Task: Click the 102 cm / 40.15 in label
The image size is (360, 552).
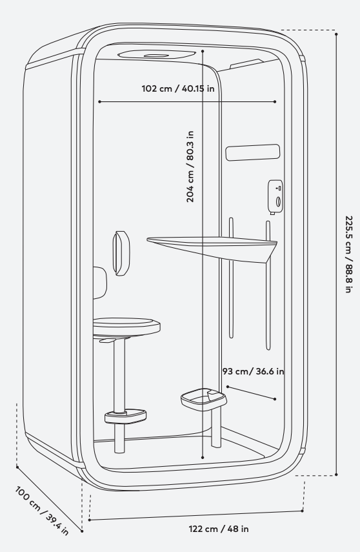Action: [177, 88]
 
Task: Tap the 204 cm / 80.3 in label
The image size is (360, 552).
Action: [190, 167]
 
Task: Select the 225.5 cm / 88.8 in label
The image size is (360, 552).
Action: [348, 254]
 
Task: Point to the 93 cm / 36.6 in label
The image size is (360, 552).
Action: [254, 371]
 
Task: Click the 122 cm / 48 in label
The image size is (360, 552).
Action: [219, 529]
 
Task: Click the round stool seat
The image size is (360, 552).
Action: [126, 325]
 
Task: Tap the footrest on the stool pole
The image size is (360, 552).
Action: [125, 416]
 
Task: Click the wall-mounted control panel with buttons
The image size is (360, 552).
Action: [275, 197]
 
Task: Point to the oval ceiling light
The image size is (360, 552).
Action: [157, 55]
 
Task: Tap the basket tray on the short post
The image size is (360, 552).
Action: [204, 399]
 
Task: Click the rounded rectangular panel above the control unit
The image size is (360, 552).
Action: [253, 152]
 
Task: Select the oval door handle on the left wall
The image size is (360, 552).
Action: [121, 253]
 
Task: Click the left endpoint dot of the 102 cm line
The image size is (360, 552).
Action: [99, 102]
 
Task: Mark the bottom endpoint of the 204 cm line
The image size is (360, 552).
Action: [203, 457]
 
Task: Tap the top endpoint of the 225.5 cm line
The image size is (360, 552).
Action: [336, 34]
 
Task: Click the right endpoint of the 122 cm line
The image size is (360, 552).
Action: [303, 511]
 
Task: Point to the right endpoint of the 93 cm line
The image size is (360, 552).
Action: [275, 399]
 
